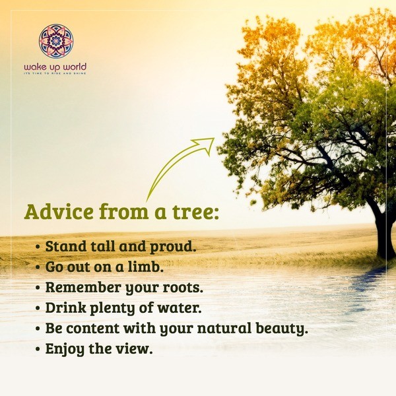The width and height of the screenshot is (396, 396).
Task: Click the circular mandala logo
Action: click(x=56, y=41)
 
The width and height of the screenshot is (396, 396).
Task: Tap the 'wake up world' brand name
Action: click(x=55, y=67)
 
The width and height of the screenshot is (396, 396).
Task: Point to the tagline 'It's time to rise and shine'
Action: click(x=55, y=73)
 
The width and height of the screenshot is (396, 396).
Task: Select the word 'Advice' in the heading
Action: click(x=59, y=212)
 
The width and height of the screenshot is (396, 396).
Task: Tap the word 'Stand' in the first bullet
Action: click(x=66, y=246)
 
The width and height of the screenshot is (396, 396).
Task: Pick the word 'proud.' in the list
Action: click(x=173, y=247)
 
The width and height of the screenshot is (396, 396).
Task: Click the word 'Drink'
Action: click(x=66, y=308)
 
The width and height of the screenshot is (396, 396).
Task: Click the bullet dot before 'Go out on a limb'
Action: click(x=38, y=267)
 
